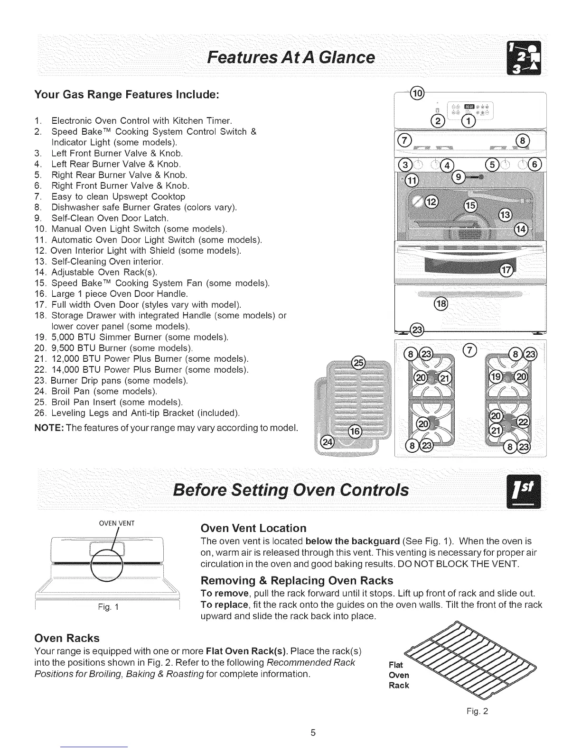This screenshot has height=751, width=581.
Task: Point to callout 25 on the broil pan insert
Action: point(357,363)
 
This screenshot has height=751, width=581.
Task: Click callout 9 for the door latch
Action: point(458,177)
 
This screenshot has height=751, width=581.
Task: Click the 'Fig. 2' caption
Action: point(478,711)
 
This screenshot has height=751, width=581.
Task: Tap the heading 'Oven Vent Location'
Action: point(253,528)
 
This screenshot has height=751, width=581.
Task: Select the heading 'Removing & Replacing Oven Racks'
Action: point(297,580)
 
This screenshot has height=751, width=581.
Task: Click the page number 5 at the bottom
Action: point(313,733)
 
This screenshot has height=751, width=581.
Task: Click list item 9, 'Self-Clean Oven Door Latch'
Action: point(109,218)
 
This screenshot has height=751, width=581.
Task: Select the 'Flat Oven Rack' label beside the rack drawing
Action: point(399,675)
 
